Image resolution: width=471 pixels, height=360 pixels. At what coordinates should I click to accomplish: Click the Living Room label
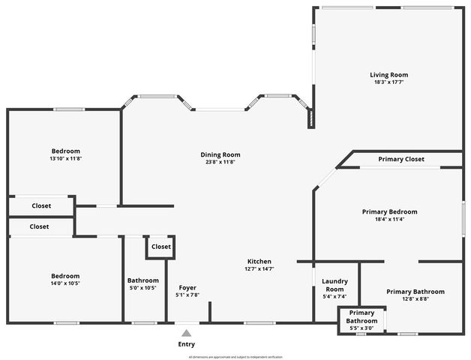388,74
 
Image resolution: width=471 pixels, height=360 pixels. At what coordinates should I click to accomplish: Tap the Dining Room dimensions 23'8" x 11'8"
220,162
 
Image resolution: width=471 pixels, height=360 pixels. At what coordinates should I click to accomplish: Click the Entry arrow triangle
186,332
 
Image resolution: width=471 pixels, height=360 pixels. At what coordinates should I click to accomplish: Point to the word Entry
186,344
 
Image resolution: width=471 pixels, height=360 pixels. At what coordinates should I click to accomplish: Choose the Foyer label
187,287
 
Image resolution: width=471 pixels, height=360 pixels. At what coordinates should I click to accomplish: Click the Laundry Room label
334,285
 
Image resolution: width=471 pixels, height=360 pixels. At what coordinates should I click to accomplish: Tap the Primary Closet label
401,159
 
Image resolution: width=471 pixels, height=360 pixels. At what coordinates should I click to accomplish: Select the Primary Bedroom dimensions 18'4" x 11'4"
388,220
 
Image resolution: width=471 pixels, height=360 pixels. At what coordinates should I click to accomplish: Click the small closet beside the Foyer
160,247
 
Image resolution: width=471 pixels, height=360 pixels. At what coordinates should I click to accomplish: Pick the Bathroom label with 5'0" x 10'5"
142,280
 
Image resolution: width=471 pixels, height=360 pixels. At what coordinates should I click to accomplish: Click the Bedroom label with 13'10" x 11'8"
65,151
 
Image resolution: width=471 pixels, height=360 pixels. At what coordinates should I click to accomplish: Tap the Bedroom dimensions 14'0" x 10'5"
65,283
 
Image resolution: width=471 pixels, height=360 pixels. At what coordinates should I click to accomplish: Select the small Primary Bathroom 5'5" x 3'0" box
361,320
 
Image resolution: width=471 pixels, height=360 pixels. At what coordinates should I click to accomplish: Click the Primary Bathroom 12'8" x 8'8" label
415,292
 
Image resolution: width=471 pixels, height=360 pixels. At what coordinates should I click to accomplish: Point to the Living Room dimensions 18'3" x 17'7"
388,82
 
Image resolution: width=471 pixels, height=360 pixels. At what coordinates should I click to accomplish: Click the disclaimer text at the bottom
235,357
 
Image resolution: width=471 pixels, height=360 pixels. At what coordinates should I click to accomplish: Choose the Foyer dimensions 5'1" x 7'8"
187,295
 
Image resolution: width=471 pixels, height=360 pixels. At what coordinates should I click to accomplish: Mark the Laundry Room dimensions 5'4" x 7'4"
334,296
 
